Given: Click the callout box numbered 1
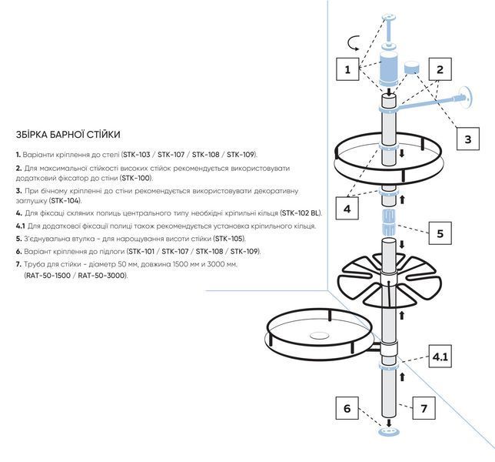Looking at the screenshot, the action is (x=347, y=69).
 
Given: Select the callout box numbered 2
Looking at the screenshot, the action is (x=440, y=69).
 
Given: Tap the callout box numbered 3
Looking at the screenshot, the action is (x=468, y=139).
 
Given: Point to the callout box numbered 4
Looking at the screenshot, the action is (x=347, y=209).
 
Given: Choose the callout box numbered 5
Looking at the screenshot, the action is (x=440, y=233).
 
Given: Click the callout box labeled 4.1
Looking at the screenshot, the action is (x=440, y=357).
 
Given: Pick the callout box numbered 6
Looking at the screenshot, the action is (x=347, y=408).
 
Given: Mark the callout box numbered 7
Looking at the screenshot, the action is (x=424, y=408).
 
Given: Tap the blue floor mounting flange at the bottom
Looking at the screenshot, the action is (x=389, y=432).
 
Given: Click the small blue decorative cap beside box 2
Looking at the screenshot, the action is (x=412, y=67).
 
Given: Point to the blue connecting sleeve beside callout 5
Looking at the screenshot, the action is (x=389, y=221).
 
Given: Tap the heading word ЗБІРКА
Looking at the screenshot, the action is (x=32, y=135).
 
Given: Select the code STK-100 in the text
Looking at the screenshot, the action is (x=136, y=178).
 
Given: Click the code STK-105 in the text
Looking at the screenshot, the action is (x=229, y=239).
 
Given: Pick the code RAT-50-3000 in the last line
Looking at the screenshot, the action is (x=101, y=276).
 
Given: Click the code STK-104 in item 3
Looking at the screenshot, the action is (x=65, y=200).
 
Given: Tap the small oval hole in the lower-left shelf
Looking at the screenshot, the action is (x=320, y=335).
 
